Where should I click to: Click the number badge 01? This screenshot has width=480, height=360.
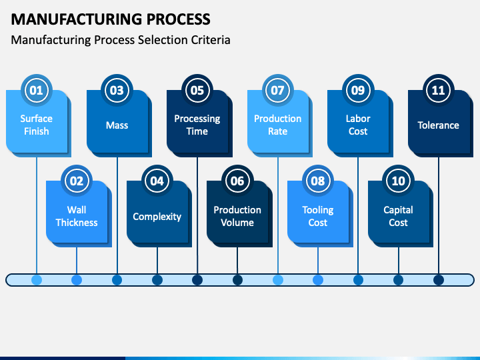point(37,90)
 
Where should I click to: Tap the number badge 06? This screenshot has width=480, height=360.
point(237,181)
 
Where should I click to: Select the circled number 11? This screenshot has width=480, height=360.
point(438,90)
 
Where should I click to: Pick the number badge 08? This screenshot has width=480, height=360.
point(318,181)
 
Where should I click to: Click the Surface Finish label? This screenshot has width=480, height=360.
point(37,125)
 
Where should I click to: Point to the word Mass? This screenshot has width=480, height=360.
point(117,125)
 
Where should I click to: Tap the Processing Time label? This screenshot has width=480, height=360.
point(197,125)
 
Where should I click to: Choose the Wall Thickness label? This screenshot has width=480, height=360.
point(77,216)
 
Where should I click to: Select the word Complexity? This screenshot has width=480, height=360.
point(157,217)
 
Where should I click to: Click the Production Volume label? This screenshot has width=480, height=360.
point(237,216)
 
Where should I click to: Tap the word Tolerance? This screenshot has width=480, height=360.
point(438,125)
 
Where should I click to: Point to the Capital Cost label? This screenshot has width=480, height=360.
point(398,216)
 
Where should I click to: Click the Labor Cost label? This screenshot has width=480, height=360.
point(358,125)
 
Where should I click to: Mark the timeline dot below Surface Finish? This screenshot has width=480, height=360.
point(37,280)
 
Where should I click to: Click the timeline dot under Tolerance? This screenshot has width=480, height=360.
point(439,280)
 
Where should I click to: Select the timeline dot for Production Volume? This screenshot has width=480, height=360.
point(237,280)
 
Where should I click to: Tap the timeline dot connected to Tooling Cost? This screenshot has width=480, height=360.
point(318,280)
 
